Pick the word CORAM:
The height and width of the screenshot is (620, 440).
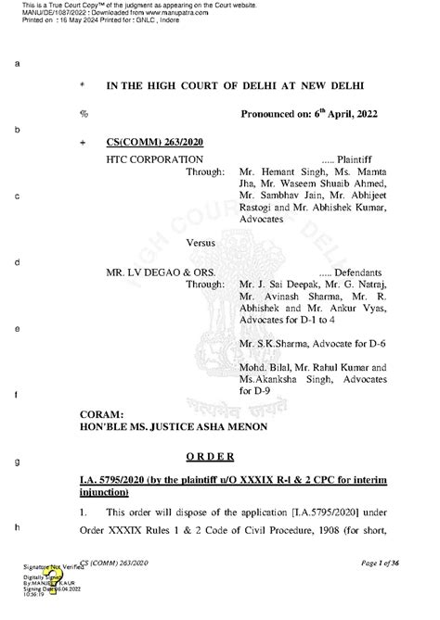(x=128, y=413)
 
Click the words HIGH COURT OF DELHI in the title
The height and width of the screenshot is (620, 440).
(x=223, y=85)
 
